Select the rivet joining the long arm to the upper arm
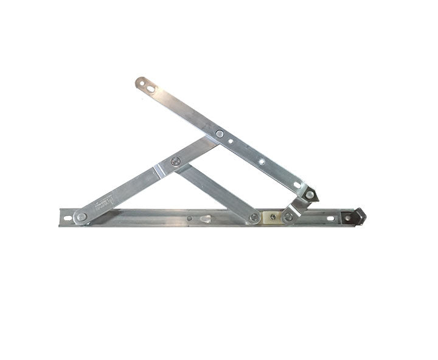220,134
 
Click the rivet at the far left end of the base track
80,216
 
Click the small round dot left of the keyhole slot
189,218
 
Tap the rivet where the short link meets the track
288,216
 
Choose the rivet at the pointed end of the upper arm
310,195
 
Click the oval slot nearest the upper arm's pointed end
297,185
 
